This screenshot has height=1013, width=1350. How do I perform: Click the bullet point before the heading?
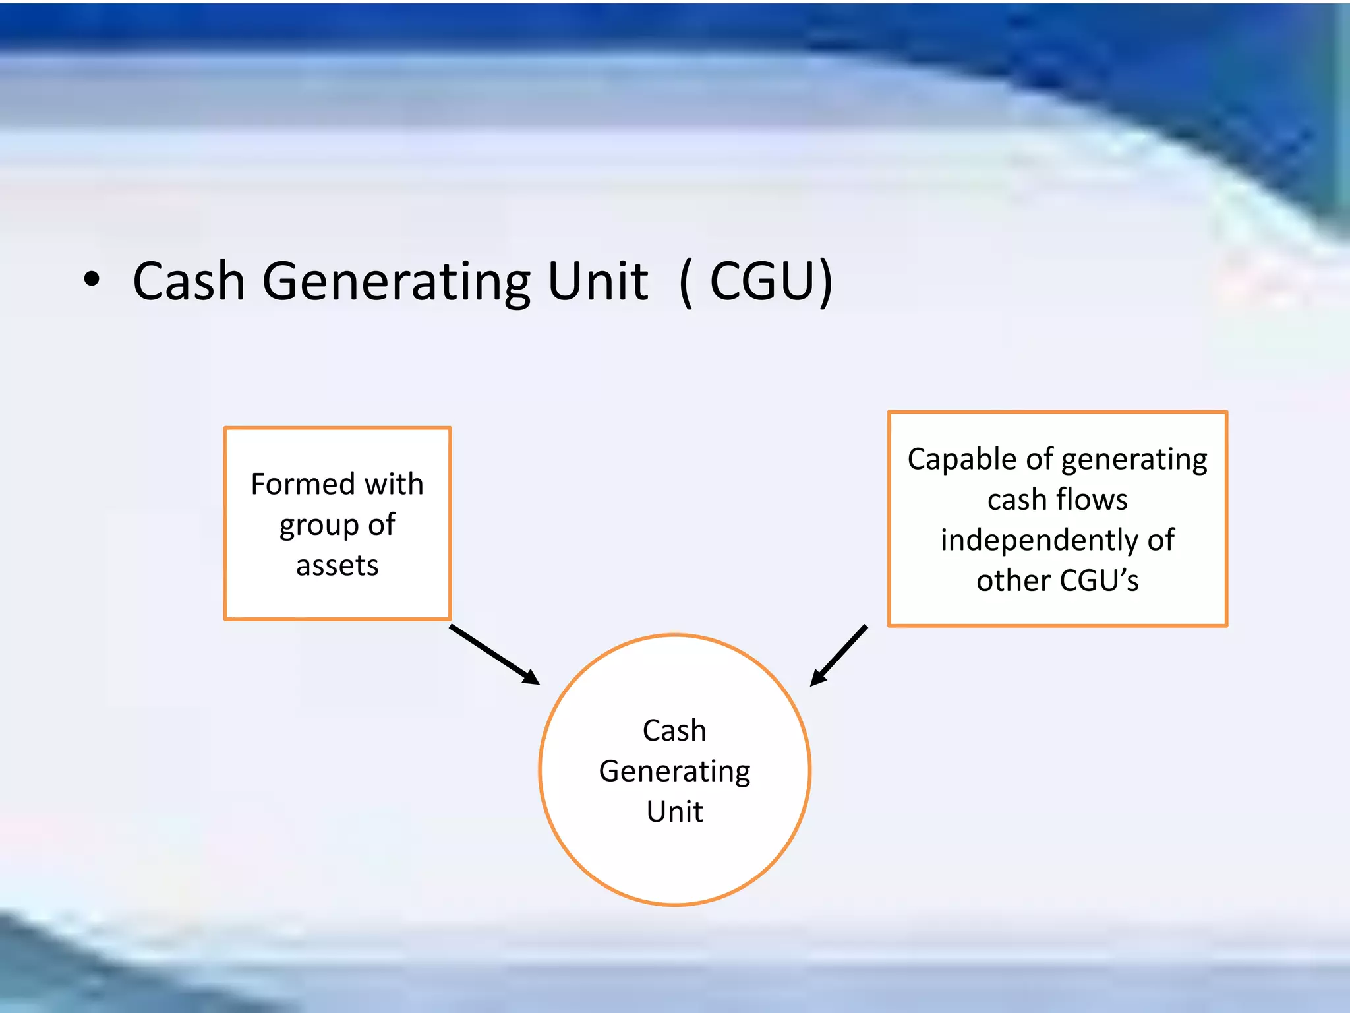click(92, 280)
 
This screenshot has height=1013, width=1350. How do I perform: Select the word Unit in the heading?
click(597, 282)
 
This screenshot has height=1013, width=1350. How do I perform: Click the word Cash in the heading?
click(189, 282)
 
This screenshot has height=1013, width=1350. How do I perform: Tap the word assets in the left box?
click(337, 566)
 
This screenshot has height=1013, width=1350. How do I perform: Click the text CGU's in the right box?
click(1100, 581)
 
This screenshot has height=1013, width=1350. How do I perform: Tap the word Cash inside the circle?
click(674, 731)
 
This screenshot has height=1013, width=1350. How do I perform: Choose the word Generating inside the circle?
click(674, 772)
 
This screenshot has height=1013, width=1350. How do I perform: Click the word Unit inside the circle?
click(674, 812)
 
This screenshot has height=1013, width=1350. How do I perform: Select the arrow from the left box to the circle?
click(494, 655)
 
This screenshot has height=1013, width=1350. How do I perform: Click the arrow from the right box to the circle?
click(838, 656)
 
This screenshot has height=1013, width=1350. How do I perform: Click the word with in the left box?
click(394, 485)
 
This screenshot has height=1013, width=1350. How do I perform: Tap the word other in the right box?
click(1013, 581)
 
